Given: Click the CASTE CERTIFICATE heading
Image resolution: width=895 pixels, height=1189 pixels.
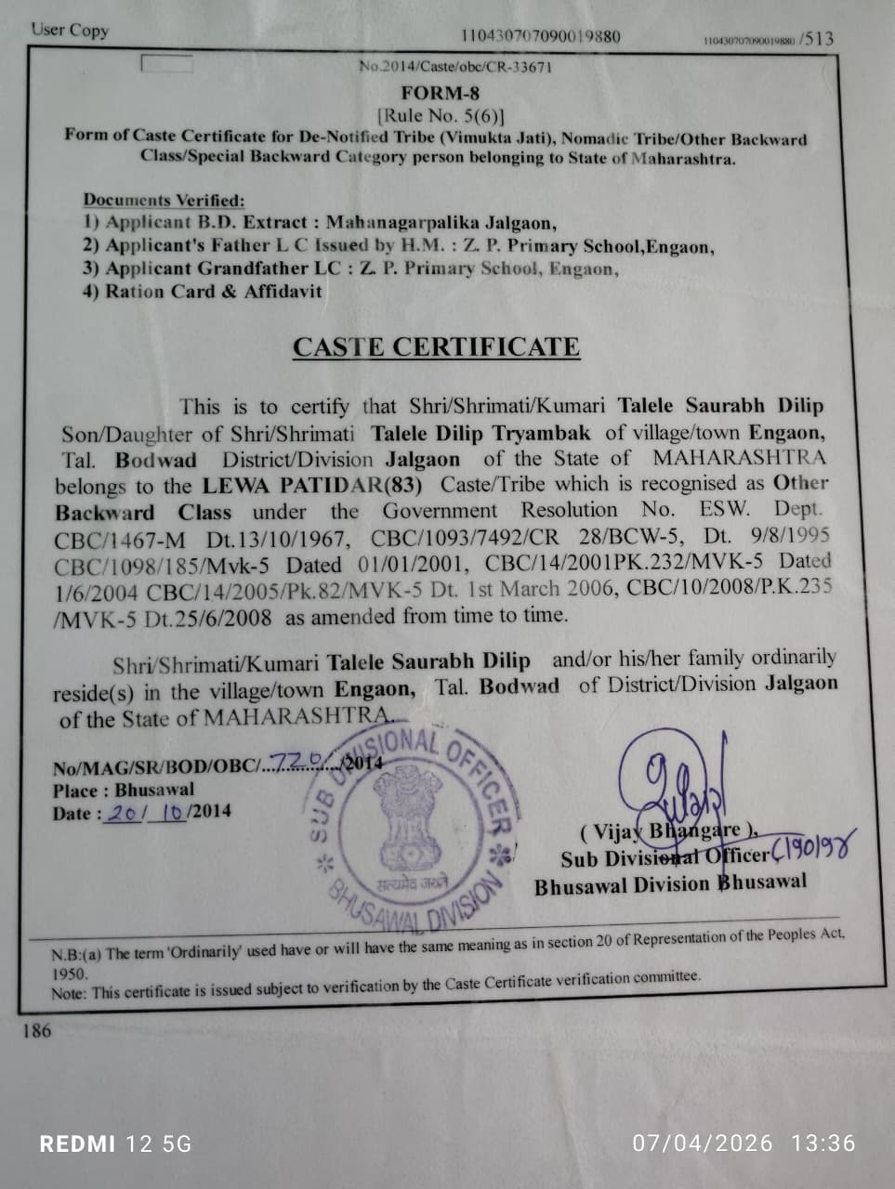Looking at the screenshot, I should (436, 346).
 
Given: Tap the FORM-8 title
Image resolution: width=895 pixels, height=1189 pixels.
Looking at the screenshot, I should (441, 92).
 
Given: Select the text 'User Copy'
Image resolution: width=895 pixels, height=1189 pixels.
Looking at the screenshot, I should (70, 30).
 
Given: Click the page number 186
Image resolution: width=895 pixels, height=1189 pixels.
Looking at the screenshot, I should (37, 1030).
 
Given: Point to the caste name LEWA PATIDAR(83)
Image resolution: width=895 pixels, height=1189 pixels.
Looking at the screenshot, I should (312, 485).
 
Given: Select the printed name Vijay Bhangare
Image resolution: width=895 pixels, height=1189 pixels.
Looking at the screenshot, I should (667, 831).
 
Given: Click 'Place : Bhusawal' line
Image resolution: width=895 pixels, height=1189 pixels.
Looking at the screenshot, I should (124, 790).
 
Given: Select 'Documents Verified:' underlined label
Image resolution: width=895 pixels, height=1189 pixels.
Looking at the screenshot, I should (164, 200).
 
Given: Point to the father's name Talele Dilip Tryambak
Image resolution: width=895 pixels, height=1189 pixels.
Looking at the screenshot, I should (480, 433).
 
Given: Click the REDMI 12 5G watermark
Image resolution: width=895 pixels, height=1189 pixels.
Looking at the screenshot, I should (115, 1143).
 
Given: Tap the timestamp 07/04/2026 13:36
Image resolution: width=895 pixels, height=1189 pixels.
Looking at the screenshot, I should (744, 1143).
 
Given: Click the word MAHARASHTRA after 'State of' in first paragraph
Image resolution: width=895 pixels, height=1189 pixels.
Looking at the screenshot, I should (739, 458).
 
